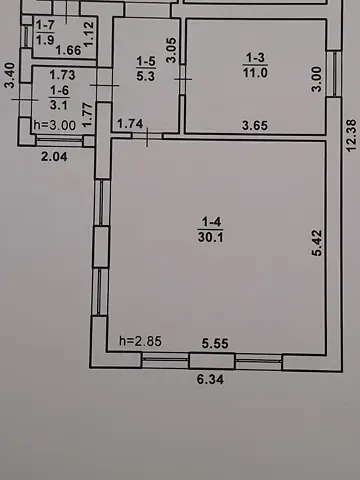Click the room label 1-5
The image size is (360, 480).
(146, 61)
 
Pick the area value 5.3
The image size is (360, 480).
(146, 74)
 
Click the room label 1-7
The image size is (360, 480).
(45, 24)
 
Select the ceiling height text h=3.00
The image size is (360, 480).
(54, 125)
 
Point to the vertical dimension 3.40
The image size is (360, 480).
(9, 77)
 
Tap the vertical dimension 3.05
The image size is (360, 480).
(171, 50)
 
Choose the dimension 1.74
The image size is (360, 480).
(131, 123)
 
